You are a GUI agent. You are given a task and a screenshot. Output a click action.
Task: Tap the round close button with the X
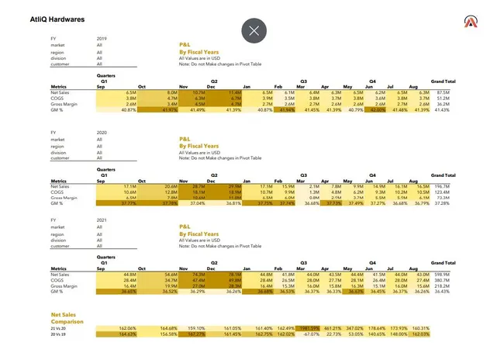click(254, 31)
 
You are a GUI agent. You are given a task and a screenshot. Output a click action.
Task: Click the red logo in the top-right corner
click(472, 22)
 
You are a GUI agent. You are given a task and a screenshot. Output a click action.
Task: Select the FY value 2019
click(102, 38)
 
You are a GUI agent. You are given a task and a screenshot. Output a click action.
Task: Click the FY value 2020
click(102, 133)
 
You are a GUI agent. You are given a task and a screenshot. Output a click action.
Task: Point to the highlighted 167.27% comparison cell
click(195, 334)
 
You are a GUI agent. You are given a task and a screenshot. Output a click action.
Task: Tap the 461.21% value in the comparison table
click(333, 328)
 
